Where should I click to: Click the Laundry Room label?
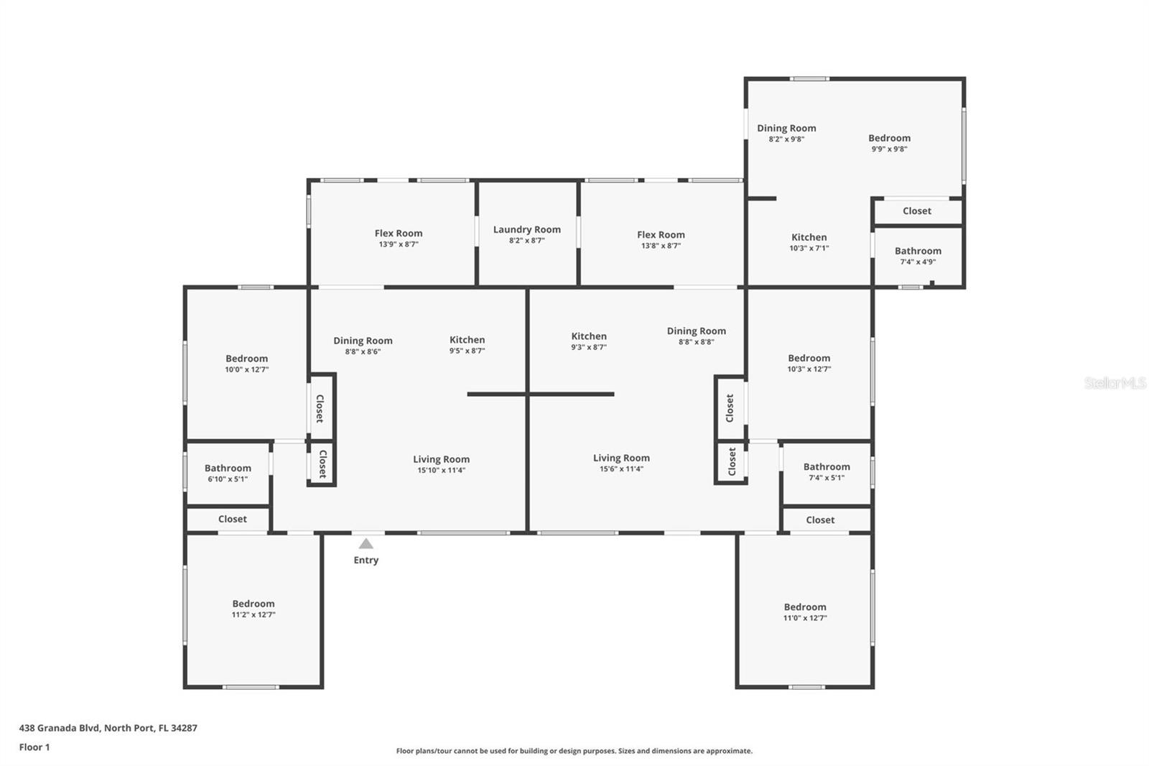click(x=526, y=229)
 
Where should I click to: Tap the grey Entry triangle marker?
click(x=366, y=544)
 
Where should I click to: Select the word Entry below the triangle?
click(x=366, y=560)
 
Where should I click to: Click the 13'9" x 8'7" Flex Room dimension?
click(x=399, y=244)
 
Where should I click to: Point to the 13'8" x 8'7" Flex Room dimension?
click(x=661, y=246)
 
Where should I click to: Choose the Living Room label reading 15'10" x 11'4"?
click(x=441, y=459)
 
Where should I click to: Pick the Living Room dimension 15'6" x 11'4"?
click(x=621, y=469)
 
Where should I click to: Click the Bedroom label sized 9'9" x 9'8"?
click(x=889, y=138)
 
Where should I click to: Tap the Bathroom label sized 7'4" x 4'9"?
click(x=918, y=251)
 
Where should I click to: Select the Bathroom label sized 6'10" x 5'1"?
click(x=228, y=468)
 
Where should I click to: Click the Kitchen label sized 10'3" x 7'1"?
click(x=809, y=237)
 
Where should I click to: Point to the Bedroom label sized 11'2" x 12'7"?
click(x=253, y=604)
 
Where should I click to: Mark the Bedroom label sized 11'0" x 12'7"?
click(x=804, y=607)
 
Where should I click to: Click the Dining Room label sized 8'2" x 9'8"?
click(x=786, y=128)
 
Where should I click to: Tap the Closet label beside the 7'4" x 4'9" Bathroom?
click(x=916, y=211)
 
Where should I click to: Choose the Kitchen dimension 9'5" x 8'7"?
click(x=467, y=351)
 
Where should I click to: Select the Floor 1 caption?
click(x=34, y=747)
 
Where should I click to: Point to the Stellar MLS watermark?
click(x=1115, y=383)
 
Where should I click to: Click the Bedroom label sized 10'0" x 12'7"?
click(x=246, y=359)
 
